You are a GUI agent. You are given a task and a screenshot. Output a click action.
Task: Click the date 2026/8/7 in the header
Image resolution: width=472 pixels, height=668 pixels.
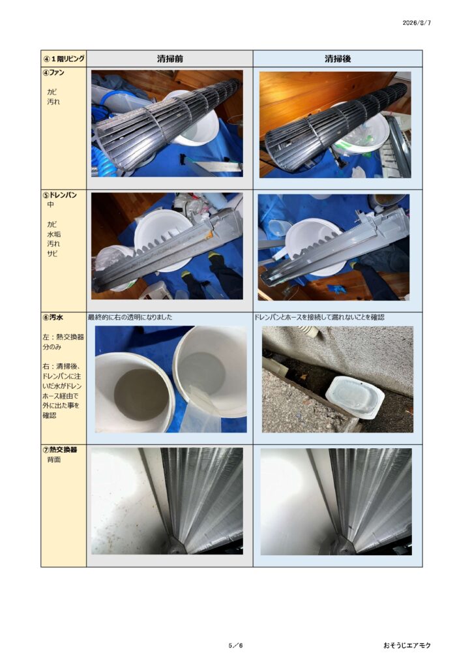[416, 23]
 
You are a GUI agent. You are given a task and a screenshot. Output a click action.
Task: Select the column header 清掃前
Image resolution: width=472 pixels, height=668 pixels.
[170, 59]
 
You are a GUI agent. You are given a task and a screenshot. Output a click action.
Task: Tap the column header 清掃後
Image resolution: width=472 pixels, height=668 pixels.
[338, 59]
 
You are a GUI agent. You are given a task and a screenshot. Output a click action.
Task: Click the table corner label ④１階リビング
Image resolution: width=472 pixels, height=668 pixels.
[64, 59]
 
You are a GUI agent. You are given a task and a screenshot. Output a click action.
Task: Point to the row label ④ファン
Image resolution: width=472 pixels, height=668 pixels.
[53, 72]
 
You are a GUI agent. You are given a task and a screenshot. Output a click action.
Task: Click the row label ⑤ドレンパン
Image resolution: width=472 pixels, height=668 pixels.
[60, 194]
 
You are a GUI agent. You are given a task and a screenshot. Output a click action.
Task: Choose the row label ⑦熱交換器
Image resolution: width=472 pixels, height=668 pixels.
[60, 449]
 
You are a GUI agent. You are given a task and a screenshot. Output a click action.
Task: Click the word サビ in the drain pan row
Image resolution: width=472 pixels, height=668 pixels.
[52, 254]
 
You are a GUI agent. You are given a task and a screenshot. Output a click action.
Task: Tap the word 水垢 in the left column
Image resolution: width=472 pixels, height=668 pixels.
[53, 234]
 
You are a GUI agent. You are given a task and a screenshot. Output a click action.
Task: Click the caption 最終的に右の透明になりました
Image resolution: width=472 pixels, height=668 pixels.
[130, 318]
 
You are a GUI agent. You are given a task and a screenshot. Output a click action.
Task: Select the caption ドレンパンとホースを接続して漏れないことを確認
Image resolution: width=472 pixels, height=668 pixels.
[319, 318]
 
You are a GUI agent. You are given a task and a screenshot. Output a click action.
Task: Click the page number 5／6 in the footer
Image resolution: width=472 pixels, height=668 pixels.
[235, 645]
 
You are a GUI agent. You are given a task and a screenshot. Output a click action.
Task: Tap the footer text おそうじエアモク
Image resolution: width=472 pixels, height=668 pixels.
[407, 645]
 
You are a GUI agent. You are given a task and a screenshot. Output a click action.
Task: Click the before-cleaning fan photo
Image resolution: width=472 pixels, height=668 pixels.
[168, 123]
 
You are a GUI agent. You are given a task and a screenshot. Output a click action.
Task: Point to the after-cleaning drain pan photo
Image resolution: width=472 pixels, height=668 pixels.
[334, 247]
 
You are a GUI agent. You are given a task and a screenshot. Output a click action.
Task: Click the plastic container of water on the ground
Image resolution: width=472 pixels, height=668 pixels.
[355, 397]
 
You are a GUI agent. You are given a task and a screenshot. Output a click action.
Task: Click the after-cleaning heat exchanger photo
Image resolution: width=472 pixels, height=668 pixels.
[336, 502]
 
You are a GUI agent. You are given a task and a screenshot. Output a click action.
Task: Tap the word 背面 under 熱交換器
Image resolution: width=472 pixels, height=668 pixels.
[53, 460]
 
